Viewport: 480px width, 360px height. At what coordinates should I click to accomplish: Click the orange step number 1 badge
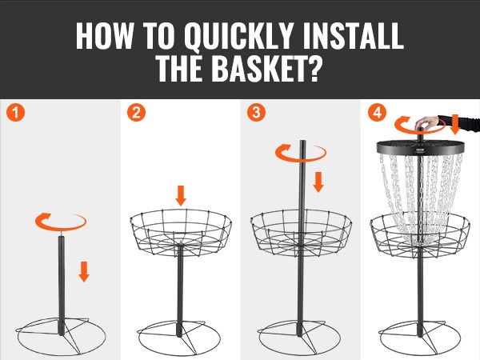click(15, 113)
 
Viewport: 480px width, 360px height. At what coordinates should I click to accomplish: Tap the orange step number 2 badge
click(136, 113)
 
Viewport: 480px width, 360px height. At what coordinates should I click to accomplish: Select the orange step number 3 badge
click(256, 113)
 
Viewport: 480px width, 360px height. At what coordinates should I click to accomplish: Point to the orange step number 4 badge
click(377, 113)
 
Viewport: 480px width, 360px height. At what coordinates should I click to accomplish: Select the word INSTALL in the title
click(354, 36)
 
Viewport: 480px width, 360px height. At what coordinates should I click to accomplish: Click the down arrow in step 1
click(84, 271)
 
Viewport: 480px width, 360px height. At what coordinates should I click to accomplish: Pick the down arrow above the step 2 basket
click(181, 196)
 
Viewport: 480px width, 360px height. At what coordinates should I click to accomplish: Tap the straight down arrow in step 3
click(318, 182)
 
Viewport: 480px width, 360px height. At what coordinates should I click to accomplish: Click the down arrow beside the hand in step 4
click(455, 125)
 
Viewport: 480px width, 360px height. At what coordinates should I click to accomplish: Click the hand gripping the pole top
click(427, 123)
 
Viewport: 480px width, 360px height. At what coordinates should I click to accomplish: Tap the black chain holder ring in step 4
click(421, 147)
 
